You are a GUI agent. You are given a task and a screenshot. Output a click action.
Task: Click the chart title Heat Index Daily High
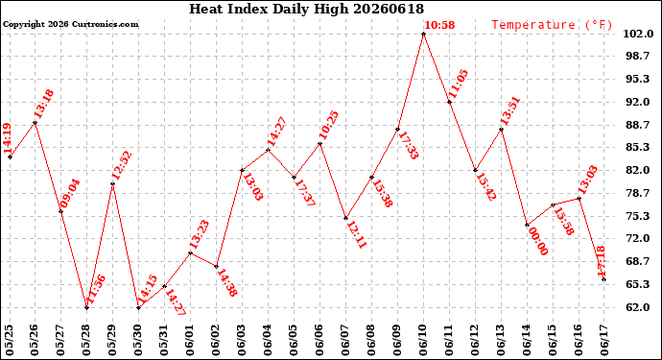(x=269, y=9)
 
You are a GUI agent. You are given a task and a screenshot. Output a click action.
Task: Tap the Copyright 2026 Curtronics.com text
(x=71, y=24)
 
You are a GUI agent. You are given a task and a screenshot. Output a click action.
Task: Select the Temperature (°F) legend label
(x=552, y=25)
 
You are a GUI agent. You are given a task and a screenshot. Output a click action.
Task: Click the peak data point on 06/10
(x=423, y=34)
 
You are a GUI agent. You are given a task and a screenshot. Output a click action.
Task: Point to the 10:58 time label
(x=439, y=25)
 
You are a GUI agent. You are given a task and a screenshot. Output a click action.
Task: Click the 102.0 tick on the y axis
(x=639, y=34)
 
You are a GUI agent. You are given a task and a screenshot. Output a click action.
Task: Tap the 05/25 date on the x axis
(x=10, y=341)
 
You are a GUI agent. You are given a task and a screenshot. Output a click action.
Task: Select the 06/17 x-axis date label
(x=603, y=341)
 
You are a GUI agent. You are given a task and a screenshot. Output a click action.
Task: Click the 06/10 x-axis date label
(x=423, y=341)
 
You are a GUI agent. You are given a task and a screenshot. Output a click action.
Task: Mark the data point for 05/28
(x=87, y=307)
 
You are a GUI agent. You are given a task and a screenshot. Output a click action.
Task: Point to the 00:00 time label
(x=538, y=241)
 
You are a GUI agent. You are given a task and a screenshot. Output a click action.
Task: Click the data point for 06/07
(x=345, y=218)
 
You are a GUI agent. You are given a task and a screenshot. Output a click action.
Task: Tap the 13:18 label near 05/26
(x=43, y=104)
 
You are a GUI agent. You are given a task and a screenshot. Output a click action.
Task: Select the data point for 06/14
(x=527, y=225)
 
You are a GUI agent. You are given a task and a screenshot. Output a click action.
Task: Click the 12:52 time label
(x=122, y=166)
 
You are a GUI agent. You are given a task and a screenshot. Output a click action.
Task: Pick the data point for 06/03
(x=243, y=170)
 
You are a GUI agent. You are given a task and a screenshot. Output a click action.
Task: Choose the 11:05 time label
(x=458, y=84)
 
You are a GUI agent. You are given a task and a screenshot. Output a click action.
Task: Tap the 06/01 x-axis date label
(x=190, y=341)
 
